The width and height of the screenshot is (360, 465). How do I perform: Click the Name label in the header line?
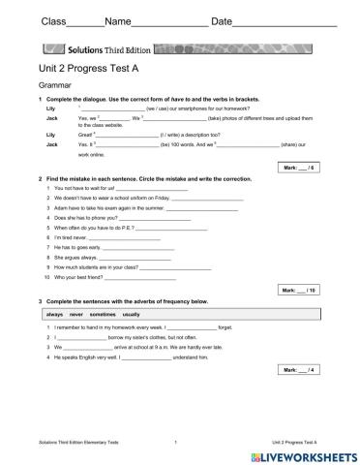[91, 22]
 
